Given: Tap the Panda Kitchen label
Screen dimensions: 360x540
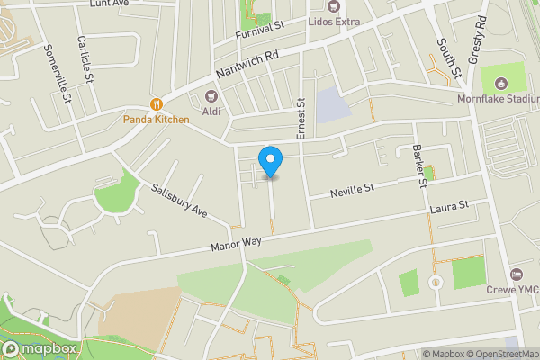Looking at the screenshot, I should click(157, 120).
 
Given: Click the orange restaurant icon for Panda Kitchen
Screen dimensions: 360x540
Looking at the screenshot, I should click(157, 104).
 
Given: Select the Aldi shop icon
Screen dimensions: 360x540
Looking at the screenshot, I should click(212, 95).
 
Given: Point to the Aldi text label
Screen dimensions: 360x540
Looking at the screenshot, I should click(212, 111).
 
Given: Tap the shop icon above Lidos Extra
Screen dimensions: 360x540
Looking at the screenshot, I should click(334, 5).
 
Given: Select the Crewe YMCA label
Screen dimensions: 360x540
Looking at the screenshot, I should click(514, 290).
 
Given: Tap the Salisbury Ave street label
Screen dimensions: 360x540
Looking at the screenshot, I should click(180, 202).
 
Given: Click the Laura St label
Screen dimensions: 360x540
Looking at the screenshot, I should click(450, 207).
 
